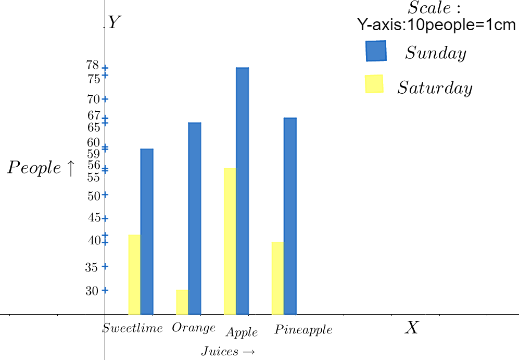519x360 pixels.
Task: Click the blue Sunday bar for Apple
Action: pyautogui.click(x=242, y=191)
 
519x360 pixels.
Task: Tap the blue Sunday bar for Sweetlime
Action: pyautogui.click(x=147, y=231)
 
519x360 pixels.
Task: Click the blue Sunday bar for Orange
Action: pyautogui.click(x=194, y=218)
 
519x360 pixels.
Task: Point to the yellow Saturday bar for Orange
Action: pyautogui.click(x=182, y=302)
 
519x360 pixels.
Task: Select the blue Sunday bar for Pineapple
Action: pyautogui.click(x=290, y=216)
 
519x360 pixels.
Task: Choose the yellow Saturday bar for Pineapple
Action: pyautogui.click(x=277, y=278)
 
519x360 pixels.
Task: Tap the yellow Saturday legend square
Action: pyautogui.click(x=374, y=84)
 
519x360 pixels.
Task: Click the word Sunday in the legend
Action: pyautogui.click(x=436, y=53)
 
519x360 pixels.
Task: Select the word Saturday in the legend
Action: pyautogui.click(x=435, y=88)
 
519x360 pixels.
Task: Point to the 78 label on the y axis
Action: pyautogui.click(x=93, y=65)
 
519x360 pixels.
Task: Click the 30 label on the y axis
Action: pyautogui.click(x=92, y=291)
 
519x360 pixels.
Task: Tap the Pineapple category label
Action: pyautogui.click(x=303, y=330)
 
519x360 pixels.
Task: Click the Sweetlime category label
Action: pyautogui.click(x=133, y=328)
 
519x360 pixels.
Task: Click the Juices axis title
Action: pyautogui.click(x=227, y=352)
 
